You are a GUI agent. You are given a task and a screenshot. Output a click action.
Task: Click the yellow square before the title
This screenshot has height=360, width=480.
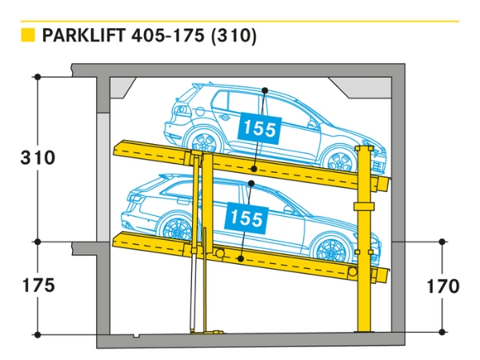(x=29, y=35)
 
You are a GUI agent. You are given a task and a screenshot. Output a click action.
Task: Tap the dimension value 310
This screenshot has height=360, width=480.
(x=38, y=158)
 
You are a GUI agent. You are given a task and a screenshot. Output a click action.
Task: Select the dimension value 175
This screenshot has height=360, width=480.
(x=38, y=286)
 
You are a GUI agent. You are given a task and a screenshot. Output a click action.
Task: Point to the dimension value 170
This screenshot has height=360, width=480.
(x=442, y=286)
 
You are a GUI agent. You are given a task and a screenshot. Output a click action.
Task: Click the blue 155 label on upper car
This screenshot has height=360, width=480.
(x=259, y=127)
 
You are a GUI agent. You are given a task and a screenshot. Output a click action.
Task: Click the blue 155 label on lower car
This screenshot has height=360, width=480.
(x=246, y=216)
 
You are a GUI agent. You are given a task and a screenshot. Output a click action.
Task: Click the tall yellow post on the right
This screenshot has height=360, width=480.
(x=366, y=240)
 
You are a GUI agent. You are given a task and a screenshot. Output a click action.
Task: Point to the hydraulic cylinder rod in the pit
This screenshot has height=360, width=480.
(x=192, y=288)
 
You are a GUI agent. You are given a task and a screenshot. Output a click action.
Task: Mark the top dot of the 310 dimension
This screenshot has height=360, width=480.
(x=38, y=77)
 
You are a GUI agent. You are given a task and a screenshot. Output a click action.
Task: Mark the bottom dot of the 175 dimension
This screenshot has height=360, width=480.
(x=38, y=334)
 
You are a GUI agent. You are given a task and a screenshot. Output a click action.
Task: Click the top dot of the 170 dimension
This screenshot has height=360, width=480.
(x=442, y=241)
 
